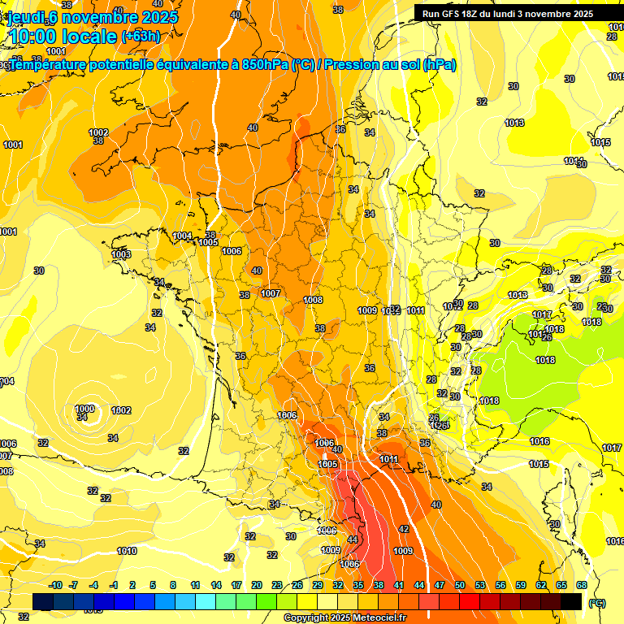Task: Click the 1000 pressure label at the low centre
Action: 84,409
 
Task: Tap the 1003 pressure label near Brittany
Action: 121,254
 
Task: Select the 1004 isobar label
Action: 183,236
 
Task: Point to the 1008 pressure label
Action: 313,300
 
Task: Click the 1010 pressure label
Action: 127,551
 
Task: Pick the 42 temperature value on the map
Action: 404,529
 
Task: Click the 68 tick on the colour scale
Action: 581,585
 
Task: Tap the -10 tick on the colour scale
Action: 56,585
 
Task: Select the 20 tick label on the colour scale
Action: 256,585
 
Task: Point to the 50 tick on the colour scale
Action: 460,585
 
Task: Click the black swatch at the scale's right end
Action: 571,601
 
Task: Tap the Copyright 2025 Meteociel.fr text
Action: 344,617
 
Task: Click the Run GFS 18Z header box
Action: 508,14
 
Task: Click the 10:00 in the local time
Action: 33,37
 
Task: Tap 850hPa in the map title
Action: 265,65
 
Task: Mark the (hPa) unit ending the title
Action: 439,65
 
